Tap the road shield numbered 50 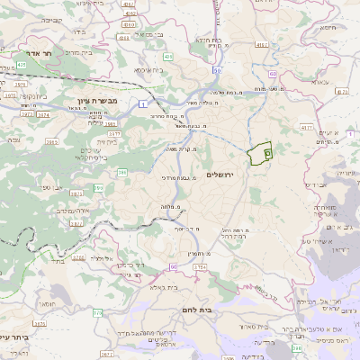(218, 69)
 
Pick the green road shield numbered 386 (121, 172)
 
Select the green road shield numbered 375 (97, 312)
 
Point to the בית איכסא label (148, 69)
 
